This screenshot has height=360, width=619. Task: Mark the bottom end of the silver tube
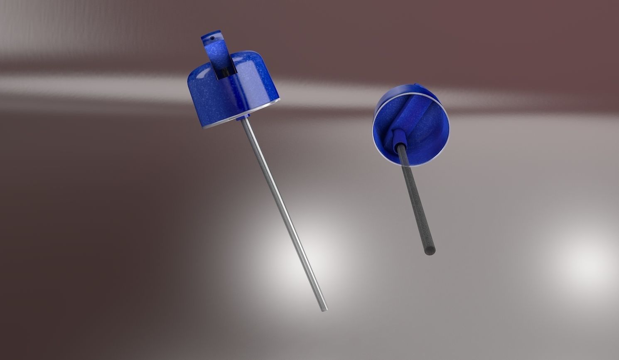coord(324,309)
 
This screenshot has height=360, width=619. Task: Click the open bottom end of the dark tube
coord(430,251)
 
